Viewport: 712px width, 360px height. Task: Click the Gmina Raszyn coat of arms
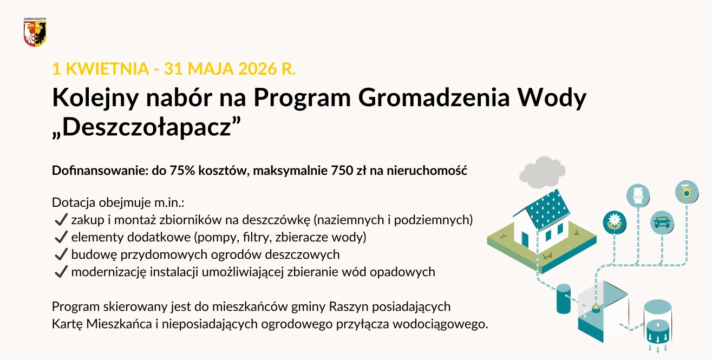tap(35, 33)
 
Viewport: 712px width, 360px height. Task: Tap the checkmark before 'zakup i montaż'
tap(61, 220)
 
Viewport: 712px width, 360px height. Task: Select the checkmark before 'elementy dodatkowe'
tap(61, 237)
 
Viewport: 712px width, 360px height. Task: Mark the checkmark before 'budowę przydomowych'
tap(61, 254)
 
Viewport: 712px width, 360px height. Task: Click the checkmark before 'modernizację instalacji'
tap(61, 272)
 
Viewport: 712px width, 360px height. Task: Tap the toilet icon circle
tap(638, 195)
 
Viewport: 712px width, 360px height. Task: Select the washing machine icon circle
tap(687, 192)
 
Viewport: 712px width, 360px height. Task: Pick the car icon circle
tap(662, 222)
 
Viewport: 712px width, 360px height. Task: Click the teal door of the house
tap(525, 238)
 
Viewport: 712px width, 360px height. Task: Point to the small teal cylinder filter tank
tap(564, 298)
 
